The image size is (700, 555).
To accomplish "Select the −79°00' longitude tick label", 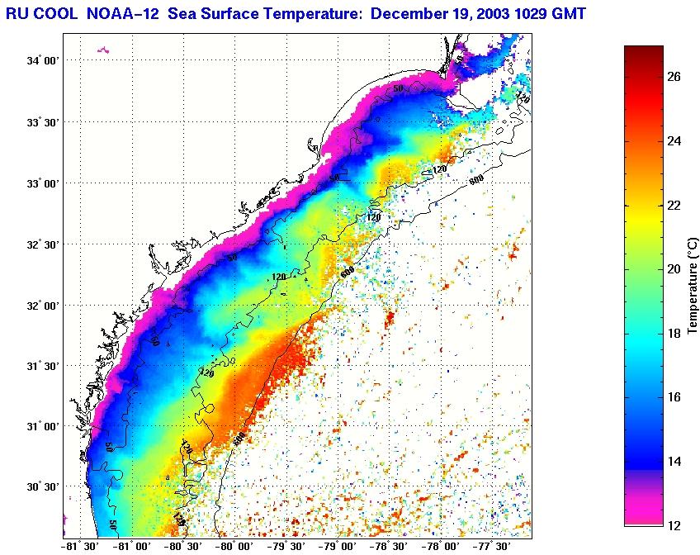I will [338, 546].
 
